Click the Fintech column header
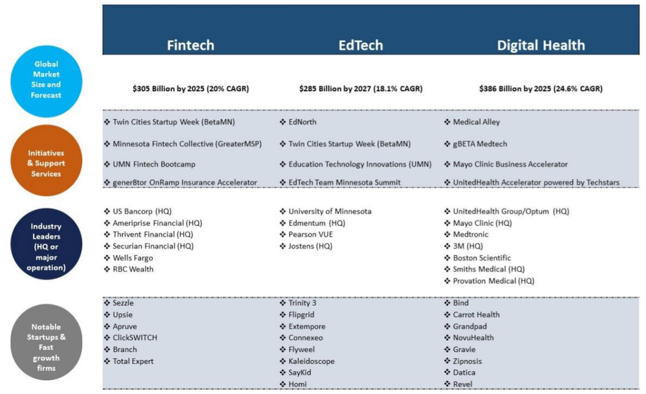[190, 45]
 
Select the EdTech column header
[360, 45]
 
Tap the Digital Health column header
[541, 45]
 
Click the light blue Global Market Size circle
[46, 80]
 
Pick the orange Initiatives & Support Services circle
[46, 163]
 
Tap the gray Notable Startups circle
[46, 342]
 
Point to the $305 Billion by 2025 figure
[190, 89]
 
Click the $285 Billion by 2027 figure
[360, 89]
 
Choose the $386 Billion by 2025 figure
[541, 89]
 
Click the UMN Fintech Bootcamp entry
[150, 164]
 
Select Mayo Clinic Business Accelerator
[510, 164]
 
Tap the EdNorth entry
[302, 122]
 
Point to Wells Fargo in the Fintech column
[133, 258]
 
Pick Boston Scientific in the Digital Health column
[482, 258]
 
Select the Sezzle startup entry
[124, 303]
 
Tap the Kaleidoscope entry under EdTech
[311, 361]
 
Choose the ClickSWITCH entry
[135, 338]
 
